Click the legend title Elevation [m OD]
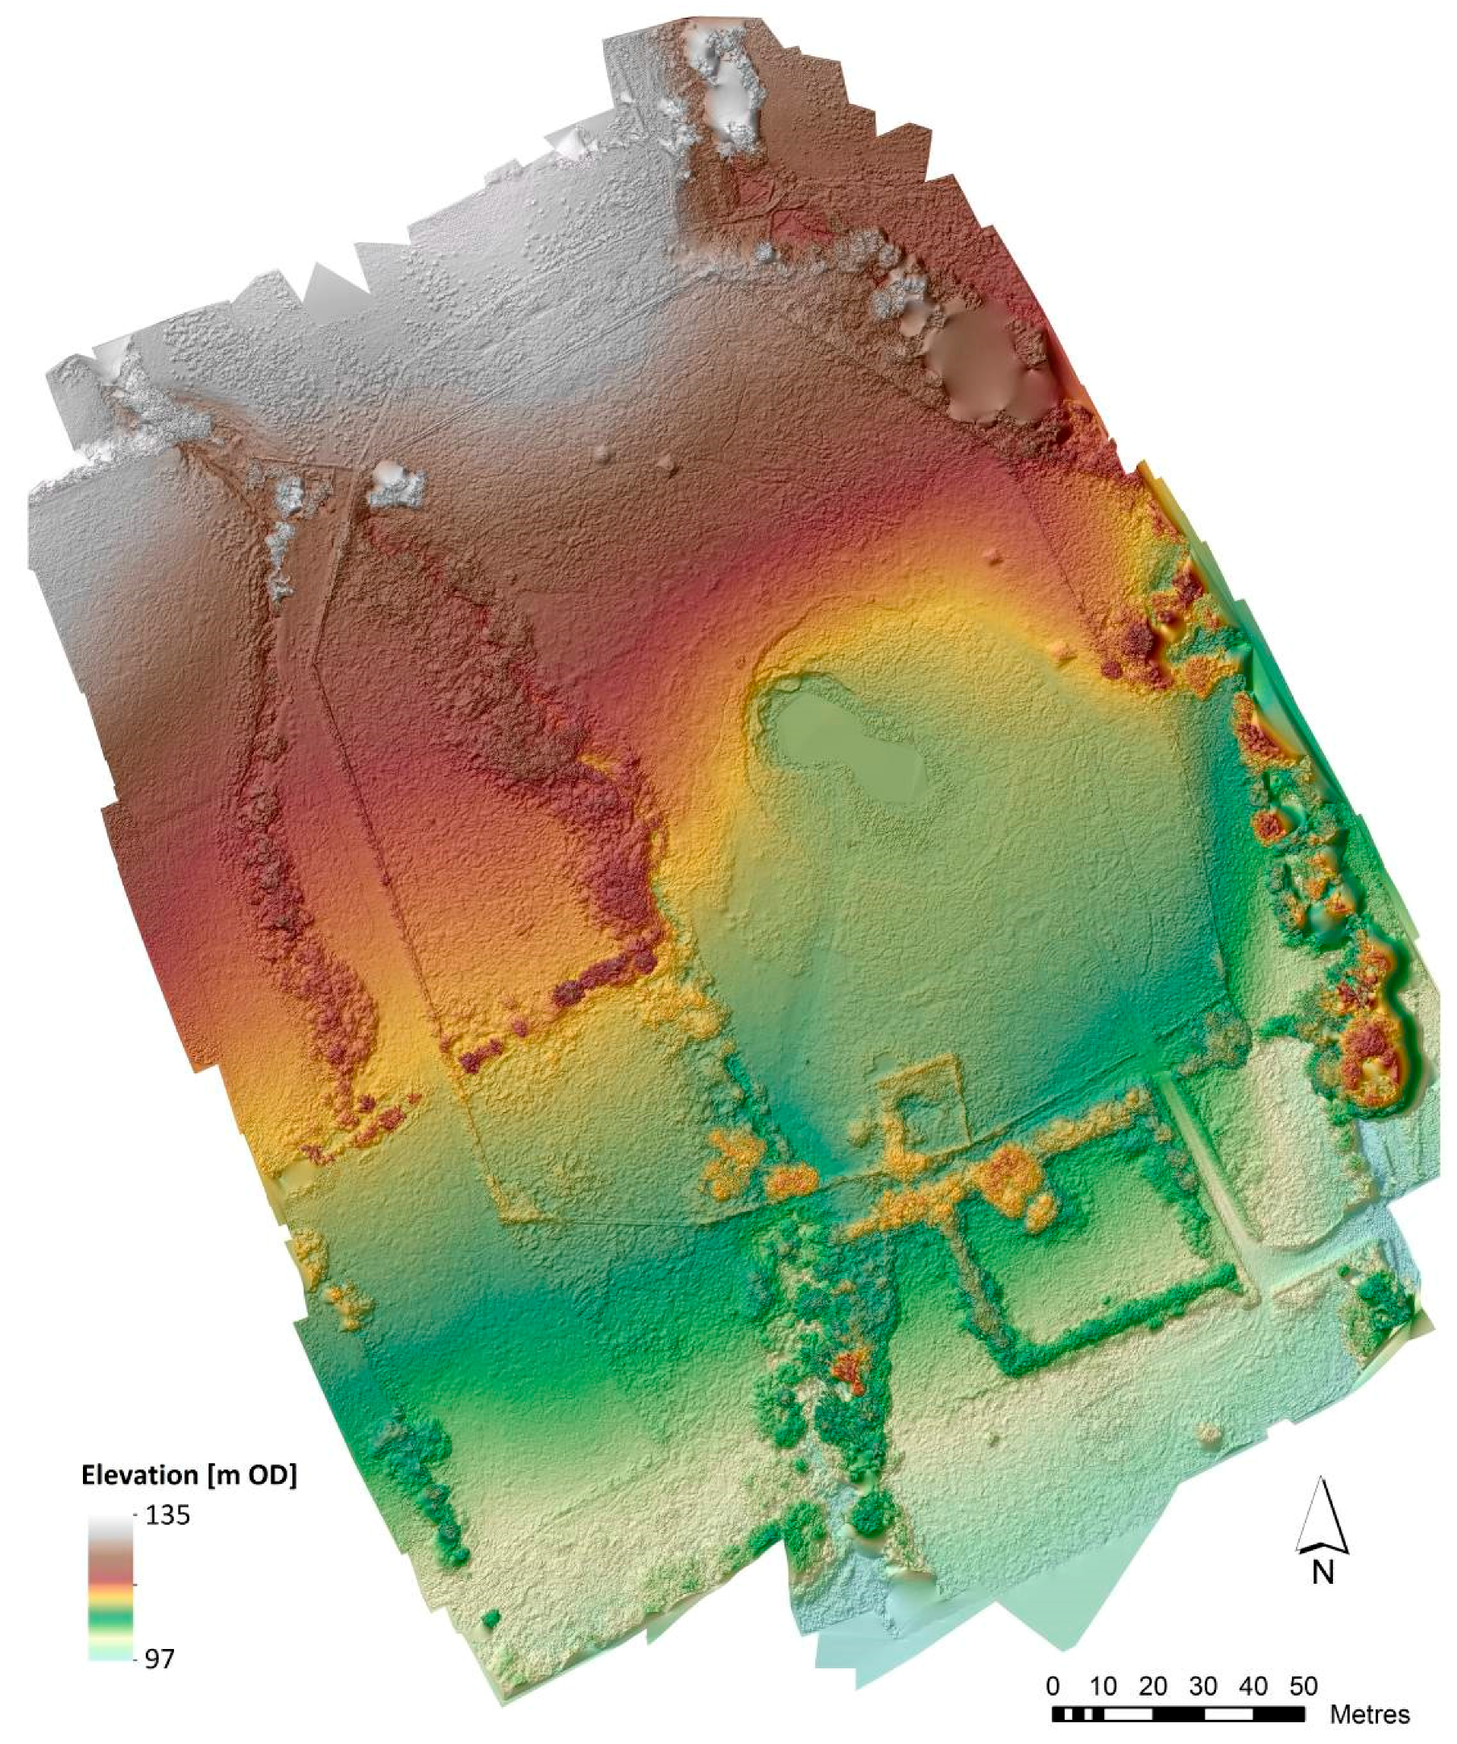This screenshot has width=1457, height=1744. (x=188, y=1474)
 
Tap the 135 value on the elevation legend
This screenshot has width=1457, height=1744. (x=168, y=1515)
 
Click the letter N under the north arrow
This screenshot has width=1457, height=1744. (x=1323, y=1571)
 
